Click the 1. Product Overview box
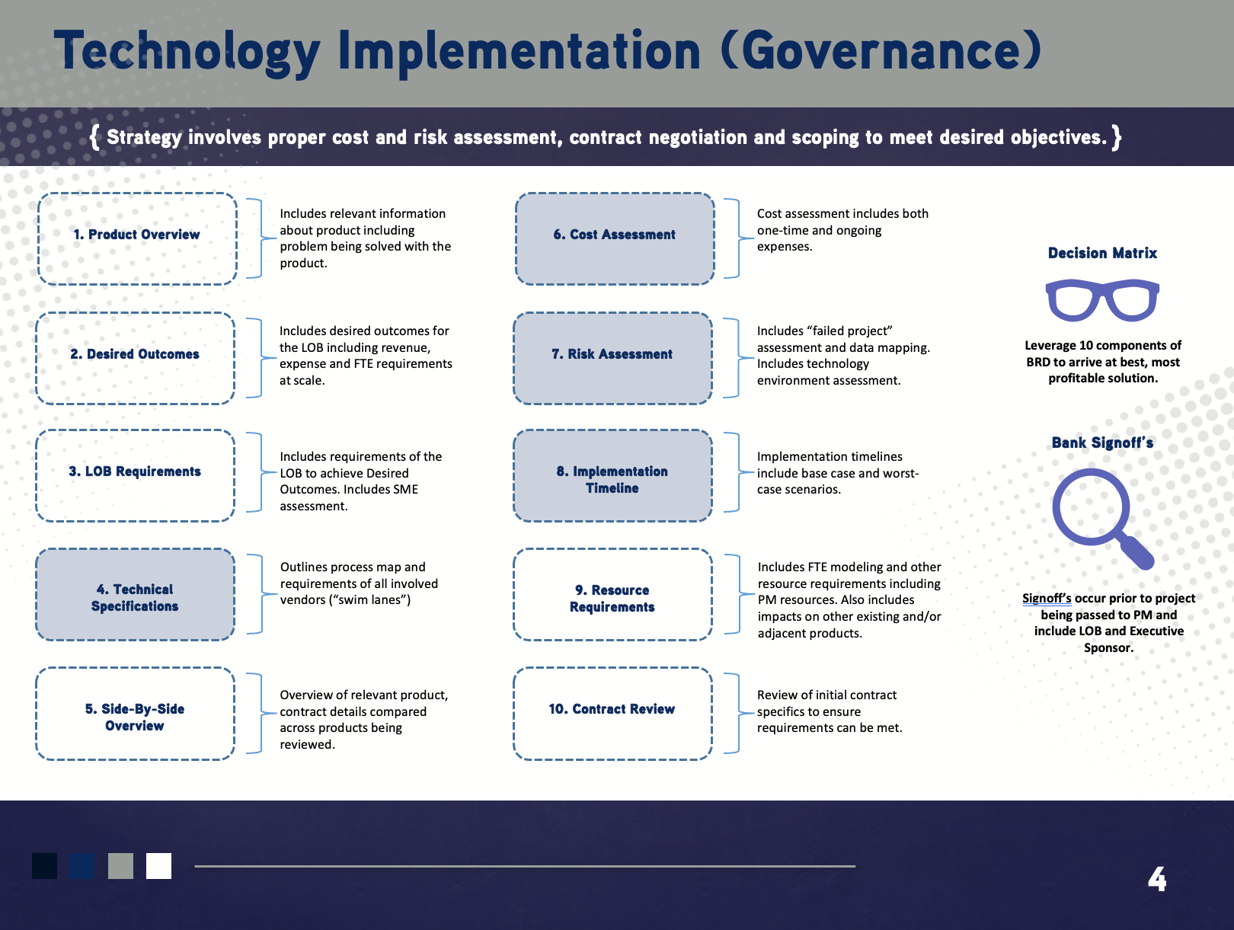pyautogui.click(x=137, y=238)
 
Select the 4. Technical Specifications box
pyautogui.click(x=135, y=595)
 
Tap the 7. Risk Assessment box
pyautogui.click(x=612, y=357)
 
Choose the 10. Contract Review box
pyautogui.click(x=612, y=713)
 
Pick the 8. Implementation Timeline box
pyautogui.click(x=612, y=476)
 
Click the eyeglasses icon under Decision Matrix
pyautogui.click(x=1102, y=300)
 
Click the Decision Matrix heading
pyautogui.click(x=1102, y=253)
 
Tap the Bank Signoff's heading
pyautogui.click(x=1102, y=443)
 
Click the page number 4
pyautogui.click(x=1156, y=880)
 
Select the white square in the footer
pyautogui.click(x=158, y=866)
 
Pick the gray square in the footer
pyautogui.click(x=120, y=866)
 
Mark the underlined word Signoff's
pyautogui.click(x=1046, y=599)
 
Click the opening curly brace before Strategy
pyautogui.click(x=94, y=137)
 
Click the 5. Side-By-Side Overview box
pyautogui.click(x=135, y=714)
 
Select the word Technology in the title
pyautogui.click(x=187, y=52)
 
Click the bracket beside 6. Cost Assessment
pyautogui.click(x=734, y=238)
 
